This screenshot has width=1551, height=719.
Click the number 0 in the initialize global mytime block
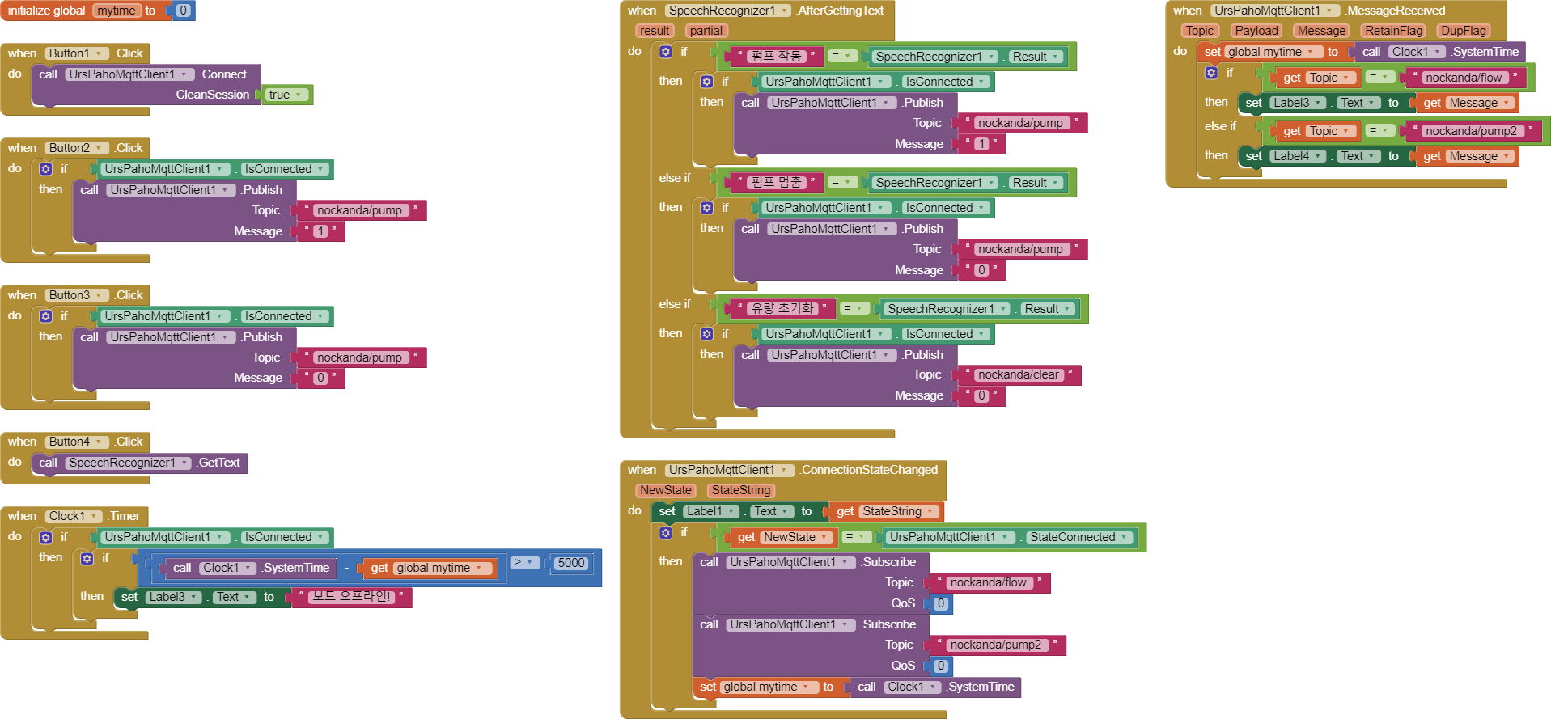coord(183,11)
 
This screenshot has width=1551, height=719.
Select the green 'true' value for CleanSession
coord(286,95)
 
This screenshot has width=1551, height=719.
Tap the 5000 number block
coord(571,563)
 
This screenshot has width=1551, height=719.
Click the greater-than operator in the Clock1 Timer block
coord(523,562)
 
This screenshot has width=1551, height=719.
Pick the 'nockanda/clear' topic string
coord(1019,374)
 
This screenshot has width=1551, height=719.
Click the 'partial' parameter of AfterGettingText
coord(706,31)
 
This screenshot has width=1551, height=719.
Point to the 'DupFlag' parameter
coord(1463,31)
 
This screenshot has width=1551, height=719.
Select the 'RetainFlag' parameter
coord(1393,31)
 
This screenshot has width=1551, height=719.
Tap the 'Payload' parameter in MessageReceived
coord(1256,31)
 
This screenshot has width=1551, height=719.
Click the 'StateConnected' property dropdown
coord(1078,537)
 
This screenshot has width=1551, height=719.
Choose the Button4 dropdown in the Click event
coord(76,442)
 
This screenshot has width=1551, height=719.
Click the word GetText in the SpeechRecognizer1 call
coord(219,463)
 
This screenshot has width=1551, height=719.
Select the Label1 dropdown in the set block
coord(710,511)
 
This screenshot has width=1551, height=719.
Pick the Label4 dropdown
coord(1297,156)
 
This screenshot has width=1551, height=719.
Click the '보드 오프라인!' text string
coord(352,597)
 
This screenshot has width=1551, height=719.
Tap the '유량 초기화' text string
coord(782,308)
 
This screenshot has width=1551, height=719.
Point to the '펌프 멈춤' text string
coord(775,182)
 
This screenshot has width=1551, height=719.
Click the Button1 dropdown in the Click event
coord(76,53)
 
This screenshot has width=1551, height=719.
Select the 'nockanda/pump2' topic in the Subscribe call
coord(996,645)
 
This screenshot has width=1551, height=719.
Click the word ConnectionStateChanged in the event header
coord(869,470)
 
